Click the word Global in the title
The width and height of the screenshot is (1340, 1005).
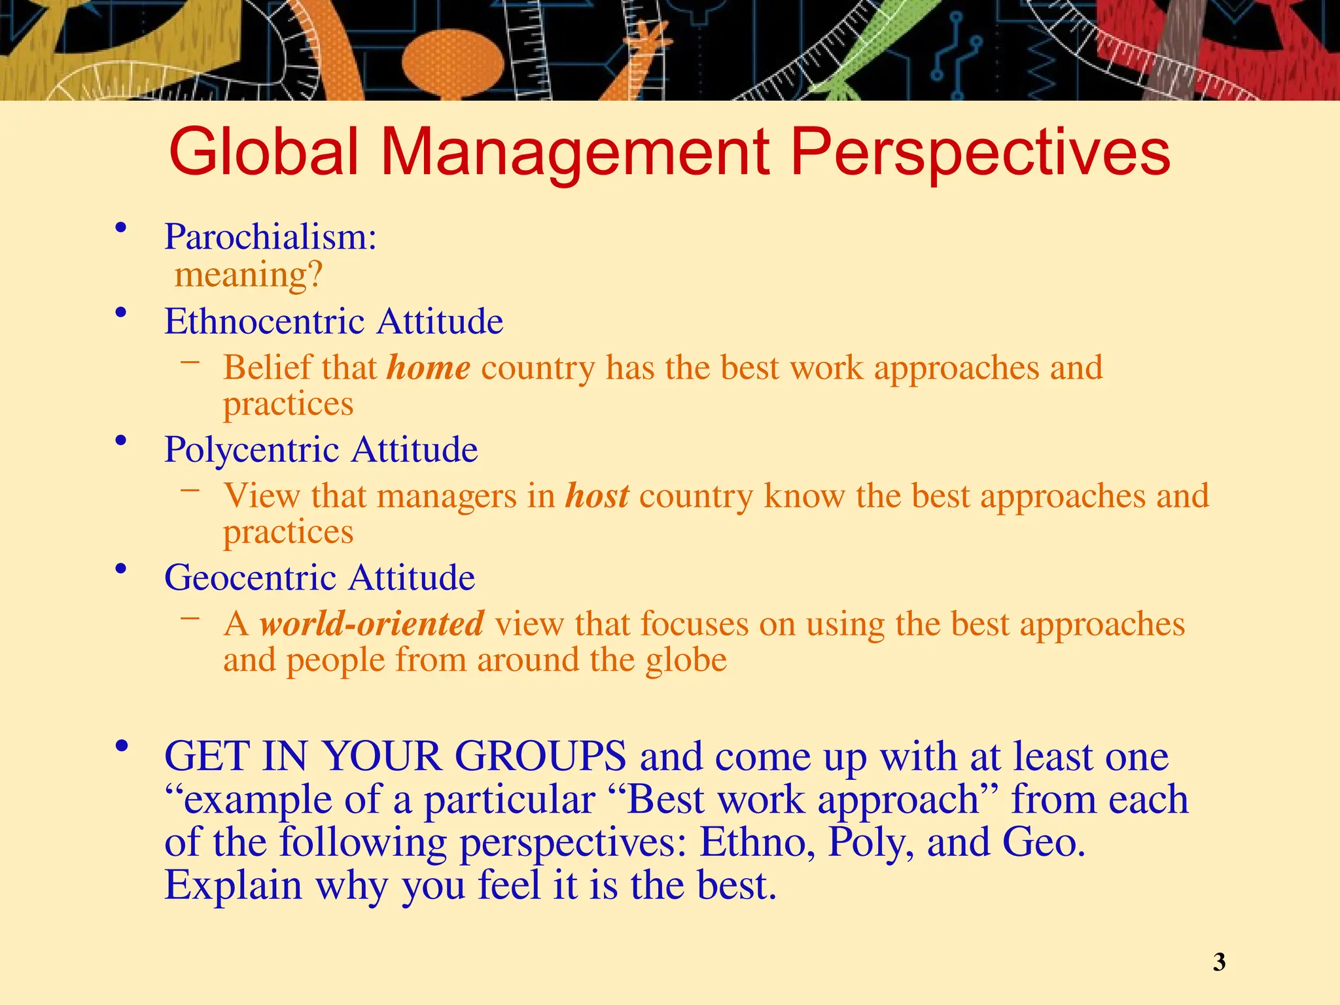(264, 152)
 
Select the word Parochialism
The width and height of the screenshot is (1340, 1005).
(270, 237)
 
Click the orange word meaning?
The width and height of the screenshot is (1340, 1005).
(249, 275)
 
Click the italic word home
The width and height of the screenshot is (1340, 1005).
(429, 368)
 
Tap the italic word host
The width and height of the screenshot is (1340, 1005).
(597, 496)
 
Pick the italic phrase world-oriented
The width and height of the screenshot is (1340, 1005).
(372, 624)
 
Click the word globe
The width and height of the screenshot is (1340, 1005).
(686, 660)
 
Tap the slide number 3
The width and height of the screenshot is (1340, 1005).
(1219, 962)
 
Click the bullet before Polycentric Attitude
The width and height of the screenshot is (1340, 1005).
(120, 441)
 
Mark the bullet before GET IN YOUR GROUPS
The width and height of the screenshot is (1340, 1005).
(120, 746)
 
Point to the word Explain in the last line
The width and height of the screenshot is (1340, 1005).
(233, 886)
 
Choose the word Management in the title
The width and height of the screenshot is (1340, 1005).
(575, 152)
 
